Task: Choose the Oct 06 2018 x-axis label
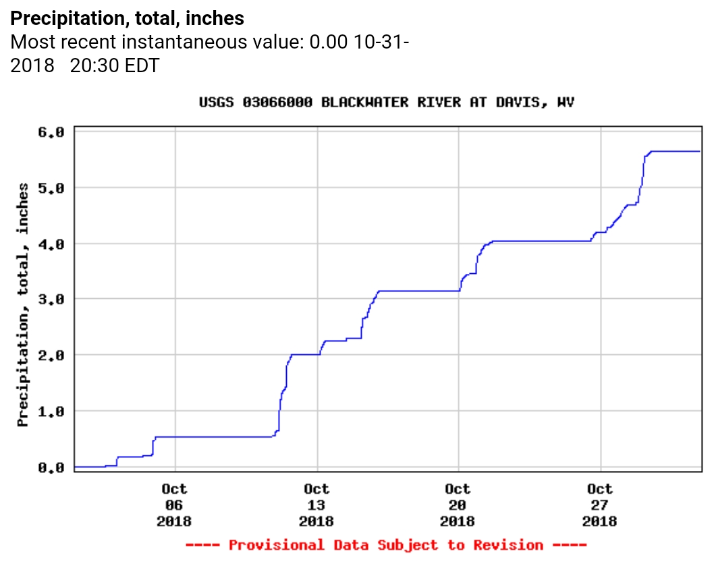pos(174,505)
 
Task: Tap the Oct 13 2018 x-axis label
pos(316,505)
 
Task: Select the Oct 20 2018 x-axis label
pos(458,505)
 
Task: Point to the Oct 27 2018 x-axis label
pos(599,505)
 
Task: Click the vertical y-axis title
pos(24,304)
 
